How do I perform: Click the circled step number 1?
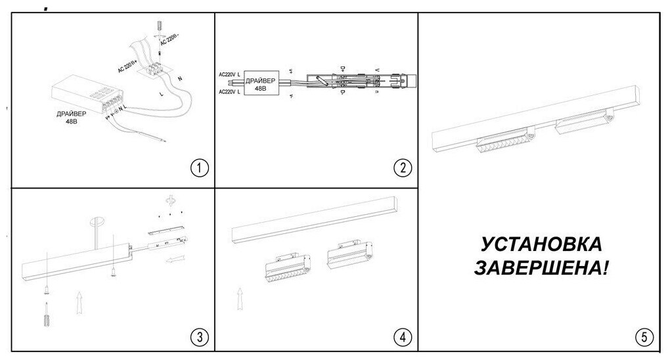199,168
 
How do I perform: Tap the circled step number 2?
402,168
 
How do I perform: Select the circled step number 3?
199,338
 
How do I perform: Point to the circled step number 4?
402,338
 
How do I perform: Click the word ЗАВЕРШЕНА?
541,269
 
